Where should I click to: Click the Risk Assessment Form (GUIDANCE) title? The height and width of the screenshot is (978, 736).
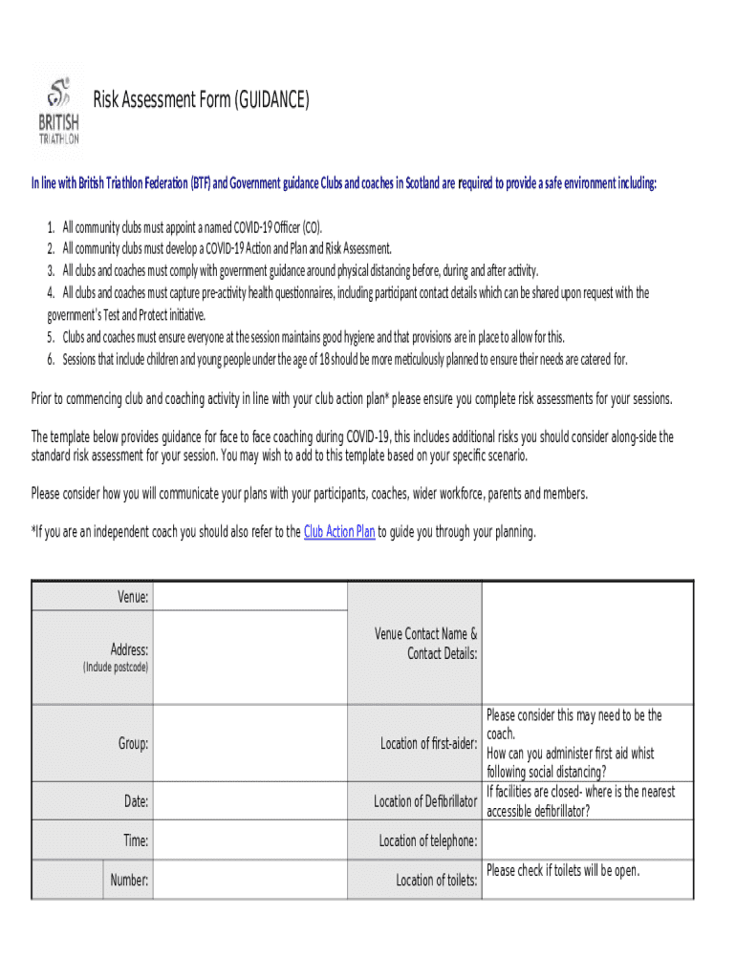pos(201,99)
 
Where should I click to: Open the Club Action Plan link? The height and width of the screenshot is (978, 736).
pos(338,532)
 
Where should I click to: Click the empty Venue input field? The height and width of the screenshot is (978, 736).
pos(249,597)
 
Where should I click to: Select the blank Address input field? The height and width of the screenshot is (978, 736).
pos(249,658)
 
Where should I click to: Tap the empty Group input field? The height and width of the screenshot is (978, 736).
pos(249,743)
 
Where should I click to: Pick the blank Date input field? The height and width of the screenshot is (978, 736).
pos(249,801)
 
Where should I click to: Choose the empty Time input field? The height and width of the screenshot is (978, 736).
pos(249,840)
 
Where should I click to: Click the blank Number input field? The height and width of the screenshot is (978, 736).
pos(249,880)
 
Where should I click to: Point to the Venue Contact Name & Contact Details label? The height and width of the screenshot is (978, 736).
pos(426,644)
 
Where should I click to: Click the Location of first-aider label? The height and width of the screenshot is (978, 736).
pos(428,743)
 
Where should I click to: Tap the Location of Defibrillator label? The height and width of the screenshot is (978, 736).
pos(425,801)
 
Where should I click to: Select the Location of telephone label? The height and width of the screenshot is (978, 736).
pos(428,840)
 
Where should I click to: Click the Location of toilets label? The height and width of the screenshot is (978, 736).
pos(437,880)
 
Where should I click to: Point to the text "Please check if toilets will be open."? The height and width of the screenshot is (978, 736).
pos(563,871)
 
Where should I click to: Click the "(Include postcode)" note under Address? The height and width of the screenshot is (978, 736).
pos(115,668)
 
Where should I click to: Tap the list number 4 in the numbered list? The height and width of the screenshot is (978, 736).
pos(51,292)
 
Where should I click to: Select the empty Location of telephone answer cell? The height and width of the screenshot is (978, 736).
pos(587,840)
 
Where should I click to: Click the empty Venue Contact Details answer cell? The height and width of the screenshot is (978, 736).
pos(587,644)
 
